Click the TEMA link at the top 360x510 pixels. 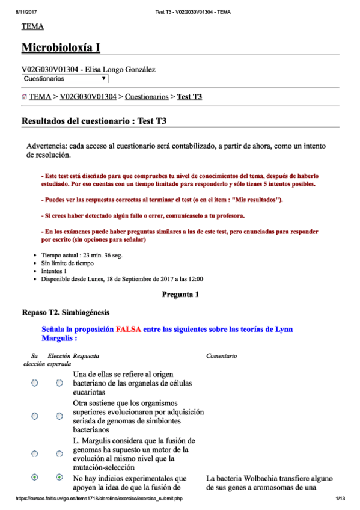pos(32,26)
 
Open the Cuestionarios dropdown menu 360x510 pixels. pos(65,79)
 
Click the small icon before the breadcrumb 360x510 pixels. pos(24,97)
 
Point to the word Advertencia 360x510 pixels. pos(47,146)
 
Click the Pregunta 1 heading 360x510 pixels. pos(180,295)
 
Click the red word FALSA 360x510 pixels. pos(129,330)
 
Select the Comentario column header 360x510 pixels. pos(221,356)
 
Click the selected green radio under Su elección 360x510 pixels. pos(35,477)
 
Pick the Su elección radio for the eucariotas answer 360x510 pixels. pos(35,383)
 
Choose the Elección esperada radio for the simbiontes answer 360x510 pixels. pos(59,416)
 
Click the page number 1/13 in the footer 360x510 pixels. pos(340,499)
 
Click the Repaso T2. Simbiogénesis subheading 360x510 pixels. pos(66,312)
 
